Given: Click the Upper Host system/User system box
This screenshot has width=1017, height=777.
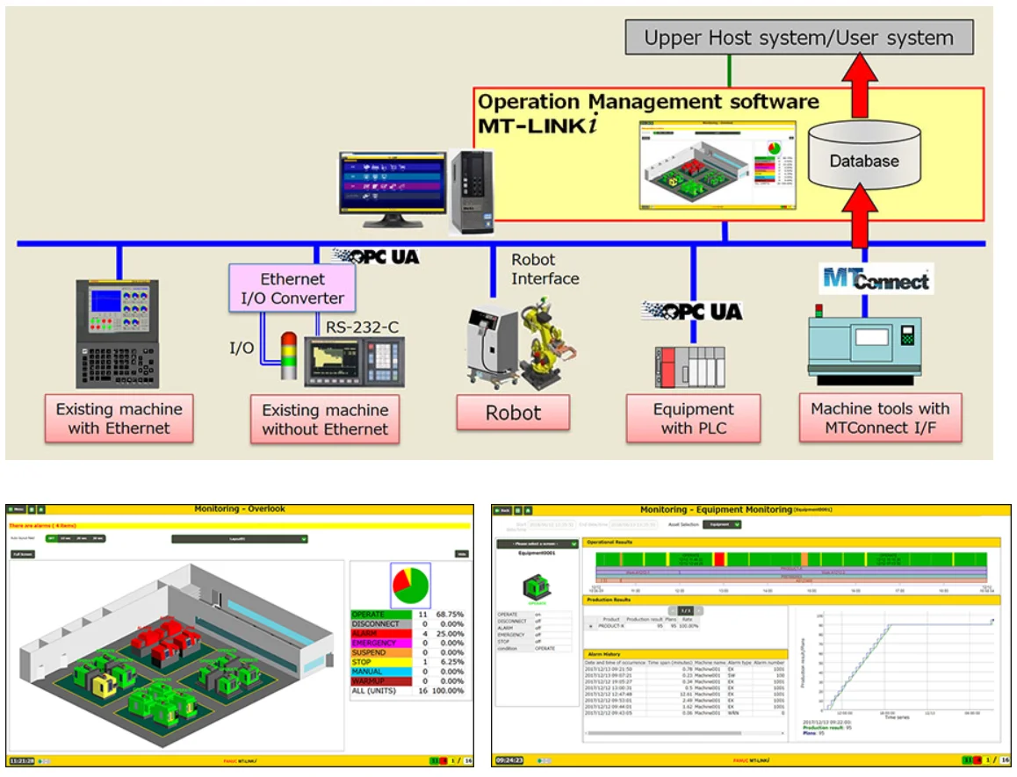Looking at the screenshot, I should [x=798, y=38].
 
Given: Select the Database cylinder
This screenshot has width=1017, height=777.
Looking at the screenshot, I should [x=864, y=160].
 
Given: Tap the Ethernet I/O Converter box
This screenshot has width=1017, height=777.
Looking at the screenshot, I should [x=292, y=288].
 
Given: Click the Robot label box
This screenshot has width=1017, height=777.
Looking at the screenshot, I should [x=513, y=413].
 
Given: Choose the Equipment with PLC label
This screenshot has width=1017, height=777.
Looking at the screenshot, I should [x=693, y=419].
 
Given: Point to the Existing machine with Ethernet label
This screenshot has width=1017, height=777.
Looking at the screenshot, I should [x=119, y=419].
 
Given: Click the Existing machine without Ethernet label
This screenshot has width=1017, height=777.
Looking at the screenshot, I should [x=325, y=420].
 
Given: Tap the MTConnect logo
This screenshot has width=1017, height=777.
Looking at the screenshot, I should [x=875, y=279].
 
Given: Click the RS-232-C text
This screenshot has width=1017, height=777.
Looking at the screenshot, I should [x=363, y=327].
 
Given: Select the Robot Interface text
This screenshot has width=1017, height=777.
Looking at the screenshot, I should [x=545, y=270].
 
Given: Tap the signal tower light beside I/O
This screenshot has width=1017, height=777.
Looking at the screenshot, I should [x=288, y=356].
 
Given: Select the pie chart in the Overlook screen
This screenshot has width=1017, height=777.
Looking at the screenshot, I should [x=410, y=585].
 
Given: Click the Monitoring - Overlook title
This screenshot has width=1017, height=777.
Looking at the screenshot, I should [x=239, y=508].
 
